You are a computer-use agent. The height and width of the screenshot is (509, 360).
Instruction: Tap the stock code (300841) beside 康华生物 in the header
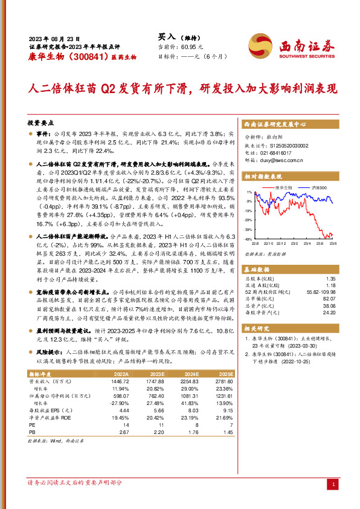80,56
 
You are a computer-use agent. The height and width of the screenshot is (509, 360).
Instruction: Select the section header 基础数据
257,267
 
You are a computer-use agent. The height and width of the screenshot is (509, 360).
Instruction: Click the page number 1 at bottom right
333,484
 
